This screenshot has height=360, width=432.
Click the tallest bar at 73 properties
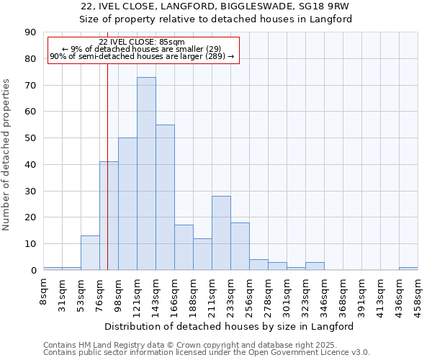[x=146, y=174]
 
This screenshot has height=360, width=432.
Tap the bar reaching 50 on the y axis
[x=127, y=204]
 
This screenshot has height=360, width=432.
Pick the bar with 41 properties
[x=109, y=216]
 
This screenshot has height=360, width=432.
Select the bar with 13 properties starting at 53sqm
[x=90, y=253]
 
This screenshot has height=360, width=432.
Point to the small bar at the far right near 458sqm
[x=408, y=269]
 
